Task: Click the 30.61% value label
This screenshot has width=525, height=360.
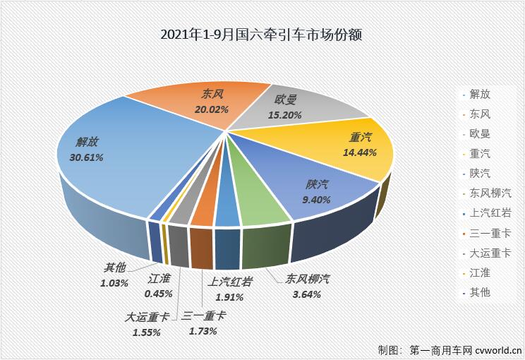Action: point(86,157)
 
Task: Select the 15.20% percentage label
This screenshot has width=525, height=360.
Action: point(287,114)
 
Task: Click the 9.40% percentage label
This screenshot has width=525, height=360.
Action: point(315,200)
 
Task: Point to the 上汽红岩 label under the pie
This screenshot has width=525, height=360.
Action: point(230,280)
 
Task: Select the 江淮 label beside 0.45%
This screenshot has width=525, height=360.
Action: point(160,280)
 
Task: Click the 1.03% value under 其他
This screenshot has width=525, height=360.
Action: point(114,283)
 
